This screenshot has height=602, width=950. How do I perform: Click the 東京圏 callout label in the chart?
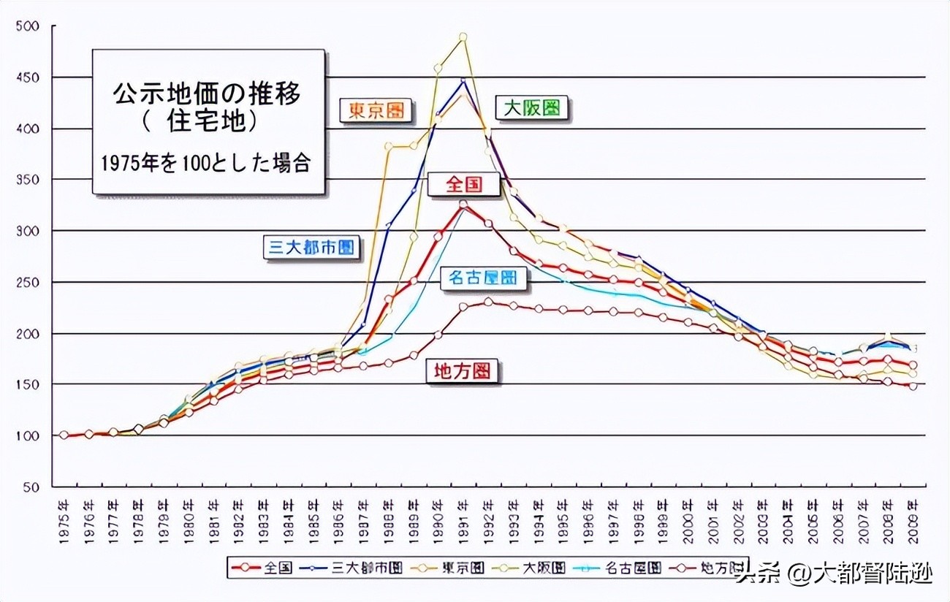pyautogui.click(x=376, y=110)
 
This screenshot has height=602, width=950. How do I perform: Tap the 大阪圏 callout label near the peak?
pyautogui.click(x=532, y=108)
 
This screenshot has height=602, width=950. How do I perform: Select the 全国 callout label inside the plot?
pyautogui.click(x=465, y=184)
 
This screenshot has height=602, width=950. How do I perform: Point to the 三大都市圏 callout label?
pyautogui.click(x=311, y=247)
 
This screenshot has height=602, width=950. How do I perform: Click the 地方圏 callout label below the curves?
pyautogui.click(x=463, y=371)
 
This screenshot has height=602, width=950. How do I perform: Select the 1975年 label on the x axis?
pyautogui.click(x=64, y=520)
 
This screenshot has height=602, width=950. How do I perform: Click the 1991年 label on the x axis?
pyautogui.click(x=463, y=520)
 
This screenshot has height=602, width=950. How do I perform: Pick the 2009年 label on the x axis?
pyautogui.click(x=912, y=520)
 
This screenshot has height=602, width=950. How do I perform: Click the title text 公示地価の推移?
pyautogui.click(x=207, y=93)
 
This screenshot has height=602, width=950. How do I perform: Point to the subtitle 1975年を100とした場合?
pyautogui.click(x=207, y=162)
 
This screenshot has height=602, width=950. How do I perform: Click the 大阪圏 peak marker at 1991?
pyautogui.click(x=463, y=37)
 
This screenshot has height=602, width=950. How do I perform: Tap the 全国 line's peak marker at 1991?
pyautogui.click(x=463, y=205)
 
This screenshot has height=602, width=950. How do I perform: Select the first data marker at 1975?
pyautogui.click(x=64, y=435)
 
